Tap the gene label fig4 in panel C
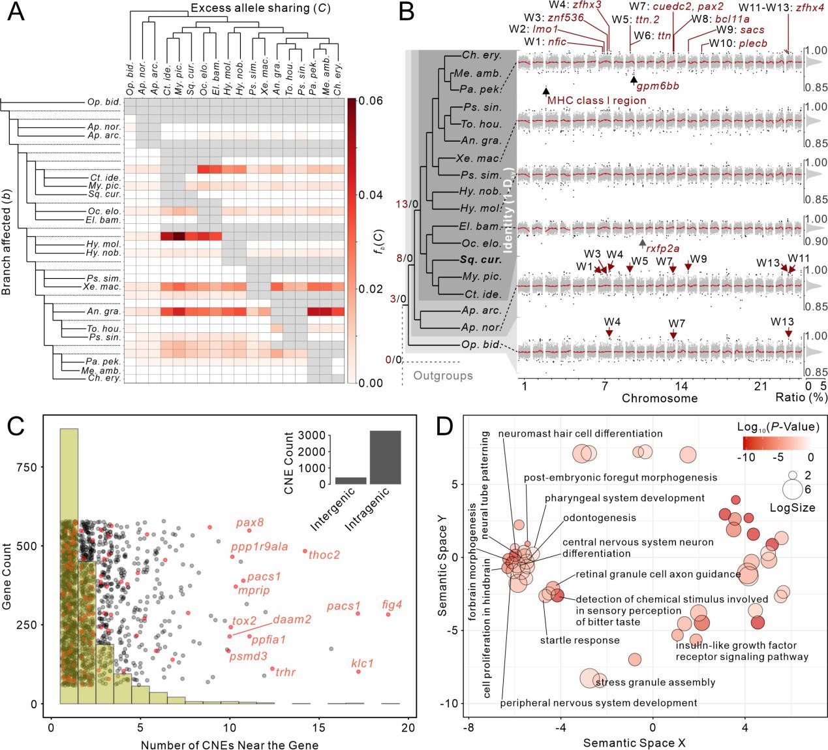391,605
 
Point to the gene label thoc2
324,555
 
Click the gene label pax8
250,522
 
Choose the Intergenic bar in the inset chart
350,480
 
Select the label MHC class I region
596,101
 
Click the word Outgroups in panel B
443,375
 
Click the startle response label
579,640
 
